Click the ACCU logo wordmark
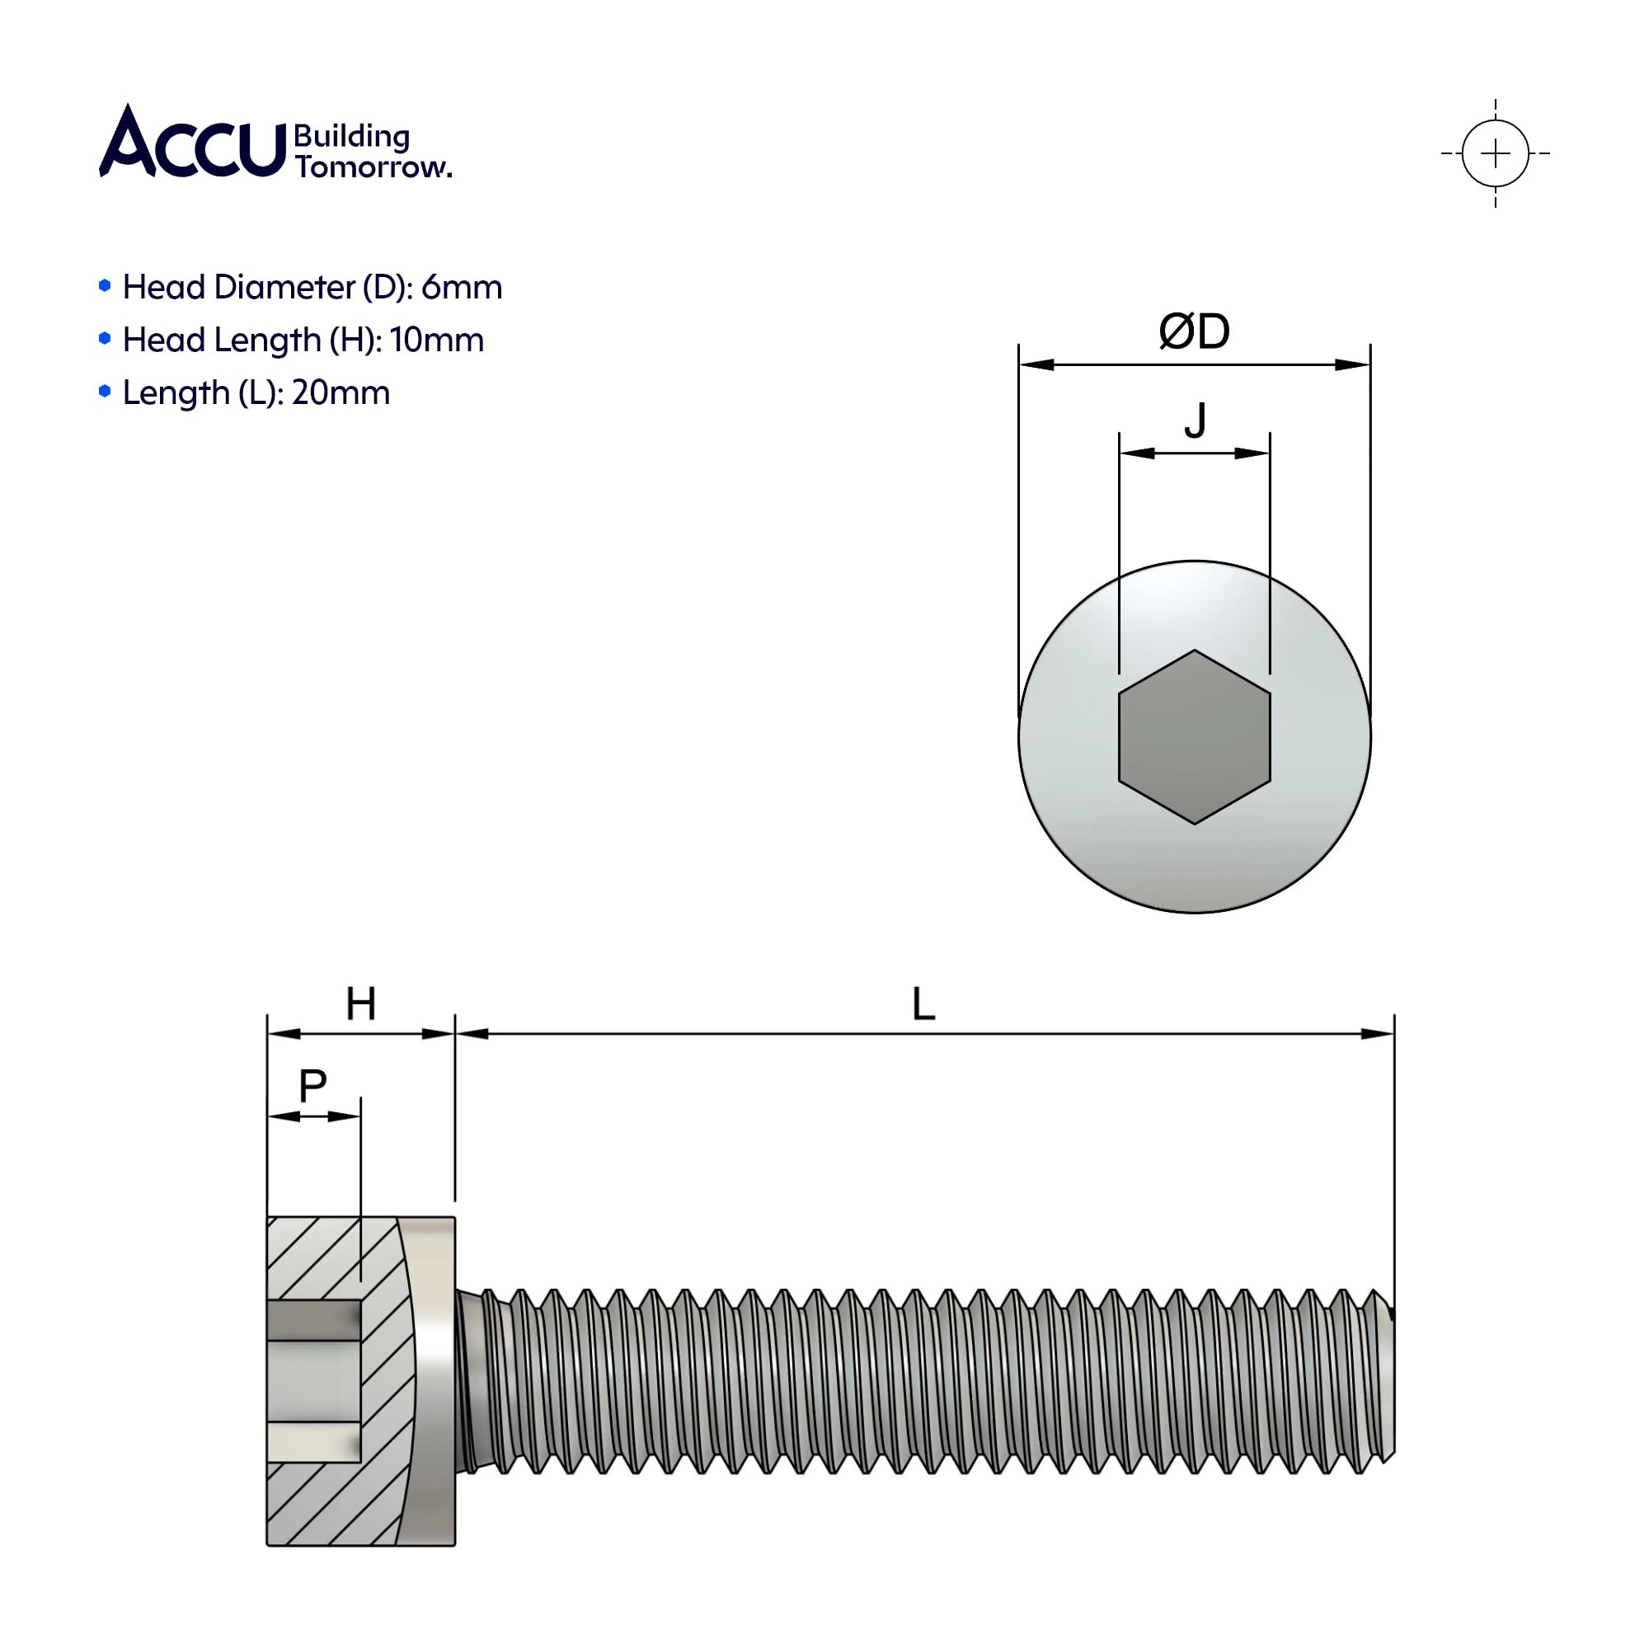coord(192,142)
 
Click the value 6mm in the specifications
coord(461,288)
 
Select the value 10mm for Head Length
coord(436,341)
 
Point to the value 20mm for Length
coord(341,393)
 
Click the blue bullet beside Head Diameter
coord(105,286)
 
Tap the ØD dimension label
coord(1194,331)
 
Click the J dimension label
coord(1195,420)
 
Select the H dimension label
coord(361,1003)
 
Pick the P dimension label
coord(312,1087)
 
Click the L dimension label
coord(923,1003)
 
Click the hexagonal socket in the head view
coord(1194,736)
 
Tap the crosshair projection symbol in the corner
coord(1495,153)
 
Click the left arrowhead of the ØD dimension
coord(1036,364)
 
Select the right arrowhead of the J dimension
coord(1252,453)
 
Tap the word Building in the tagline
coord(352,137)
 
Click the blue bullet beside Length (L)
coord(105,392)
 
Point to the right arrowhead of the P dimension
coord(344,1116)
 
